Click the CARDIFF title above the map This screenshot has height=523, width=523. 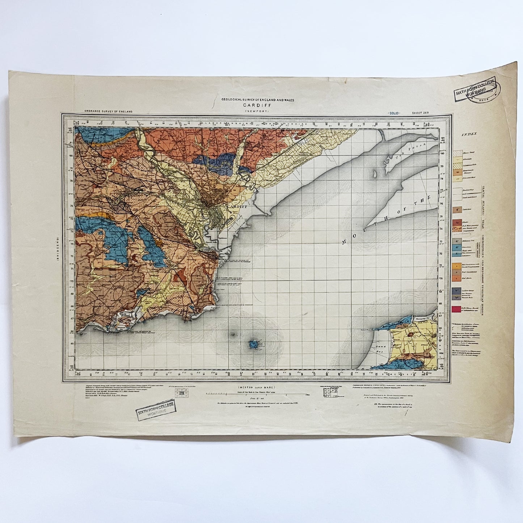tap(258, 105)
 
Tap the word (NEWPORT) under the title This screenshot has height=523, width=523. tap(258, 111)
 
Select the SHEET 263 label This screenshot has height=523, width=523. tap(420, 113)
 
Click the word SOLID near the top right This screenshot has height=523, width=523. tap(393, 113)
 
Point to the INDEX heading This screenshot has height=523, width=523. tap(469, 134)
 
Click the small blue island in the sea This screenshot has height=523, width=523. tap(254, 344)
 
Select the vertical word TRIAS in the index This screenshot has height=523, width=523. tap(483, 221)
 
